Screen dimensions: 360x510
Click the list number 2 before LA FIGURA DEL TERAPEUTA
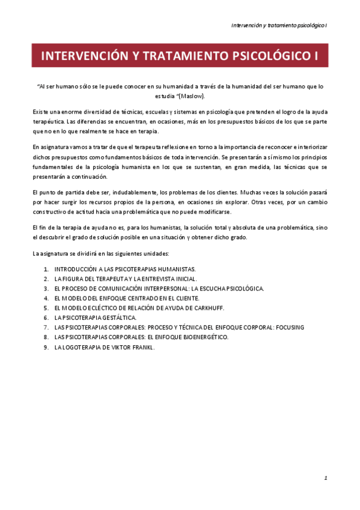(x=46, y=278)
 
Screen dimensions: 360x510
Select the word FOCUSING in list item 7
(x=289, y=327)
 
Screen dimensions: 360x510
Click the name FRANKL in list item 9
(x=142, y=346)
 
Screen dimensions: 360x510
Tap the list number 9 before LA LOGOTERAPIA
(x=46, y=346)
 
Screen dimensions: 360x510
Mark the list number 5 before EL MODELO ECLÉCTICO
(x=46, y=307)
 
